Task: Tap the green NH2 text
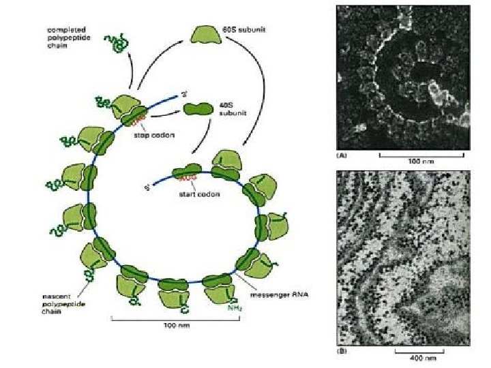pyautogui.click(x=233, y=308)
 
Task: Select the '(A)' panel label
pyautogui.click(x=342, y=155)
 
